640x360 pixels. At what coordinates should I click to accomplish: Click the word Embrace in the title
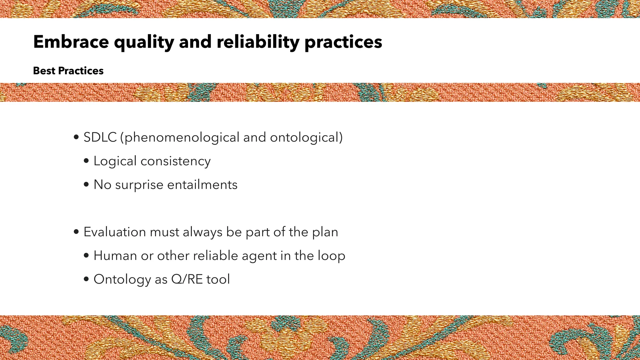tap(71, 42)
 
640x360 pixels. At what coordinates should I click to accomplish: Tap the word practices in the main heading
tap(343, 42)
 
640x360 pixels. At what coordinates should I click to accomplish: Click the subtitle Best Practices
tap(68, 71)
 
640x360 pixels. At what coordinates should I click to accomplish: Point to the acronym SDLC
tap(100, 137)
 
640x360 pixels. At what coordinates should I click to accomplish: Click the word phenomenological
tap(182, 137)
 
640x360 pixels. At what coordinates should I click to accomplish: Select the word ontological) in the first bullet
tap(306, 137)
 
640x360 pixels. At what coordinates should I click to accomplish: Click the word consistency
tap(176, 161)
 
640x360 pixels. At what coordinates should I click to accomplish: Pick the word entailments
tap(202, 185)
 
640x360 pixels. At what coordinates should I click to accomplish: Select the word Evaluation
tap(115, 232)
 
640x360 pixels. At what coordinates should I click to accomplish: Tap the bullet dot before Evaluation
tap(76, 232)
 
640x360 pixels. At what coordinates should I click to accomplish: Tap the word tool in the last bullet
tap(218, 279)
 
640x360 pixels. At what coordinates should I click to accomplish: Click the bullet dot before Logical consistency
tap(87, 161)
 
